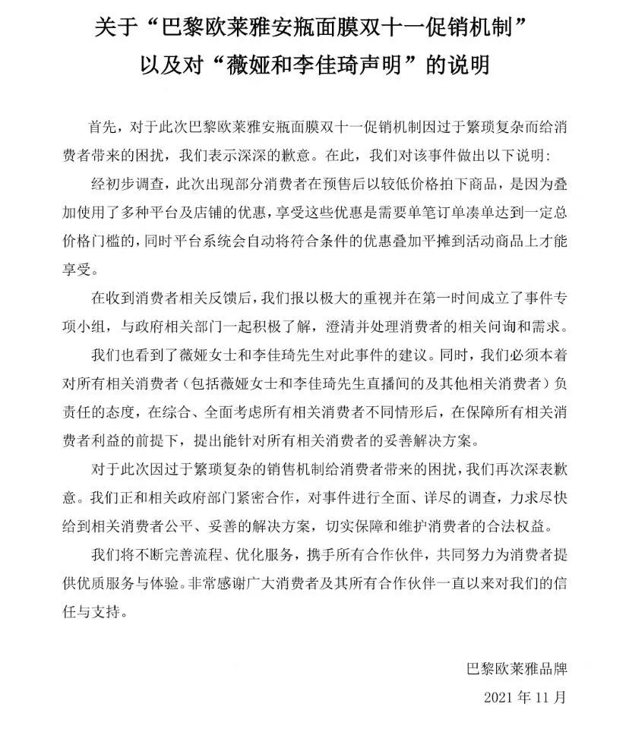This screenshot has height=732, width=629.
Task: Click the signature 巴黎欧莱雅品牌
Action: pyautogui.click(x=517, y=669)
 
